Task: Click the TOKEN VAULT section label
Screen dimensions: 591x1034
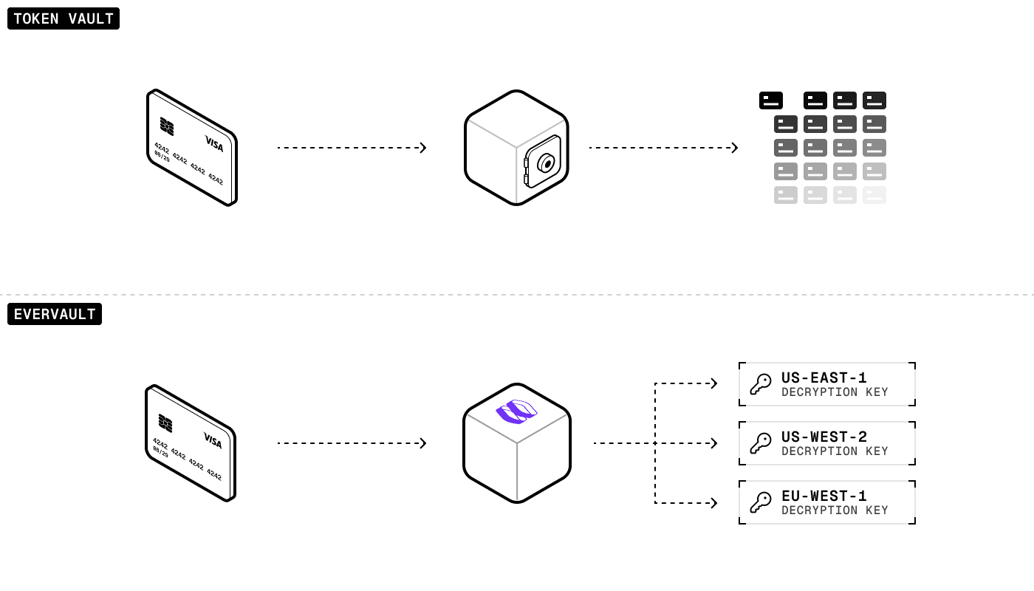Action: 64,18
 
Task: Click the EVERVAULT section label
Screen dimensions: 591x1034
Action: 55,314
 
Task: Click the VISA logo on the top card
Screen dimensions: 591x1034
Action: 213,144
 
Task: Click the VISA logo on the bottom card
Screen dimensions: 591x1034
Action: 213,441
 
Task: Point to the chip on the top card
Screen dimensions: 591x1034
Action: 167,127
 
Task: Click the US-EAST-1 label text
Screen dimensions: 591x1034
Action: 824,378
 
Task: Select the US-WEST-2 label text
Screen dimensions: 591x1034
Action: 824,437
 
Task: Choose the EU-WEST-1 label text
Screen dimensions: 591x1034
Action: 824,496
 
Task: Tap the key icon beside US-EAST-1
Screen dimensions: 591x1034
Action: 760,384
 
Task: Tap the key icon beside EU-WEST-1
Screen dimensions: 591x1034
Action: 760,502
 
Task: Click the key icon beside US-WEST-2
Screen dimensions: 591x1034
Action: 760,443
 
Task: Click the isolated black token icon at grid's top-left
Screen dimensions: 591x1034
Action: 771,100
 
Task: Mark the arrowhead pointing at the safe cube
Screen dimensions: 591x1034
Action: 422,148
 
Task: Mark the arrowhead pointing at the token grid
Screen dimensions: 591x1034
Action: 734,148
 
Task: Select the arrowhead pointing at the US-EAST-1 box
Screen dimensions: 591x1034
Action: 713,383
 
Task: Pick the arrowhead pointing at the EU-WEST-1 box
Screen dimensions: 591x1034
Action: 713,503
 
